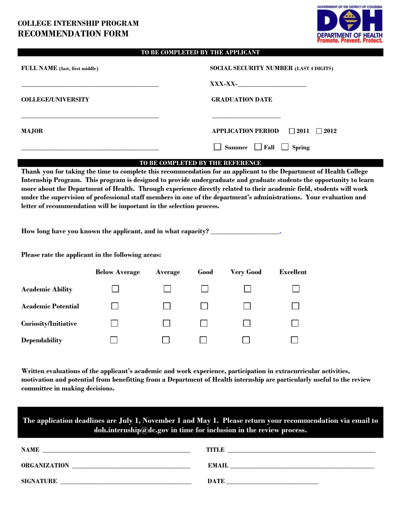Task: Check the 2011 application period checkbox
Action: click(x=292, y=131)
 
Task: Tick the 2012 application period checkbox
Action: click(x=319, y=131)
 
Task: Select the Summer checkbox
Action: click(x=218, y=147)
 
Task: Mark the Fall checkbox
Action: click(x=258, y=147)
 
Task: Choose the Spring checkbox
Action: click(x=285, y=147)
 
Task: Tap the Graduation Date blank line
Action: click(x=246, y=116)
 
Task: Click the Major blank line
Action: click(x=90, y=149)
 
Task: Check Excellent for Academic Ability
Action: click(x=296, y=289)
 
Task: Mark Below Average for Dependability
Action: click(x=114, y=340)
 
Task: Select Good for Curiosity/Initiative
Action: click(x=204, y=323)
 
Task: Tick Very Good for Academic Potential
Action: click(x=247, y=306)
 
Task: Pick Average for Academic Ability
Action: click(x=167, y=289)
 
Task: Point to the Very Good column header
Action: click(x=246, y=272)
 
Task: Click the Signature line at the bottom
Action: click(x=126, y=482)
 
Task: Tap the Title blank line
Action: click(x=301, y=451)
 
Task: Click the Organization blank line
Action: click(x=131, y=467)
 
